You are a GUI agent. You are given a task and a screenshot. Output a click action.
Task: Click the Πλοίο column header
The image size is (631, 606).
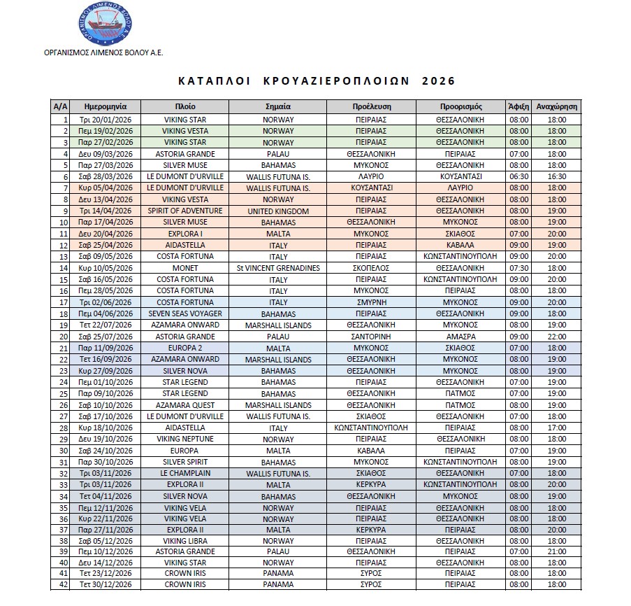[x=184, y=107]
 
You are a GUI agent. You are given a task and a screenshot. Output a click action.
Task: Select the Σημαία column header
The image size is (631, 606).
[x=278, y=107]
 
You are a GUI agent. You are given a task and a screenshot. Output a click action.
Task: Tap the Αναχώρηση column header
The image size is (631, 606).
[x=557, y=107]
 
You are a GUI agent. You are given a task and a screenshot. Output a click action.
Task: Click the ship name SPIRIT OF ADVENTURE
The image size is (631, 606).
[x=184, y=211]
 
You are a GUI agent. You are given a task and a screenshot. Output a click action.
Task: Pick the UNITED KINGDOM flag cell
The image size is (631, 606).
[x=278, y=211]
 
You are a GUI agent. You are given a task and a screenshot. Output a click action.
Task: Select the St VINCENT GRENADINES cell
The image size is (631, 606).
[x=278, y=268]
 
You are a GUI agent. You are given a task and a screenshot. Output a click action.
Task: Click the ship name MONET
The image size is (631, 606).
[x=184, y=268]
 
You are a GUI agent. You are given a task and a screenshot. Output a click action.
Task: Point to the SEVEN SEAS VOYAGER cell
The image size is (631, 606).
[x=184, y=313]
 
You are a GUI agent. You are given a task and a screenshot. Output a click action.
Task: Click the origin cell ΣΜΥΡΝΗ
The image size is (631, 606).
[x=370, y=302]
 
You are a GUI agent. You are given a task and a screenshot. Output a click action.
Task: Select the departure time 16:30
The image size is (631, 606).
[x=557, y=176]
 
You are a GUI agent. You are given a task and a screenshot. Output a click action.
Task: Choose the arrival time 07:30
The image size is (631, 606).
[x=519, y=268]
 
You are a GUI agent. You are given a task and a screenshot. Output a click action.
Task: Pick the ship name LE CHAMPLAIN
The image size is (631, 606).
[x=184, y=473]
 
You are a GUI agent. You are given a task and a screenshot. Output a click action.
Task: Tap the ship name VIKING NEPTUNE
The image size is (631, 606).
[x=184, y=439]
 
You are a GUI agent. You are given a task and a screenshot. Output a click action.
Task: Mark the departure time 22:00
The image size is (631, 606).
[x=557, y=337]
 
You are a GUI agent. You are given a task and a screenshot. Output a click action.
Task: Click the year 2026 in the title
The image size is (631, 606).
[x=438, y=80]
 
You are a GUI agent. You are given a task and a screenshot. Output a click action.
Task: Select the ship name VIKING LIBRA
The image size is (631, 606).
[x=184, y=542]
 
